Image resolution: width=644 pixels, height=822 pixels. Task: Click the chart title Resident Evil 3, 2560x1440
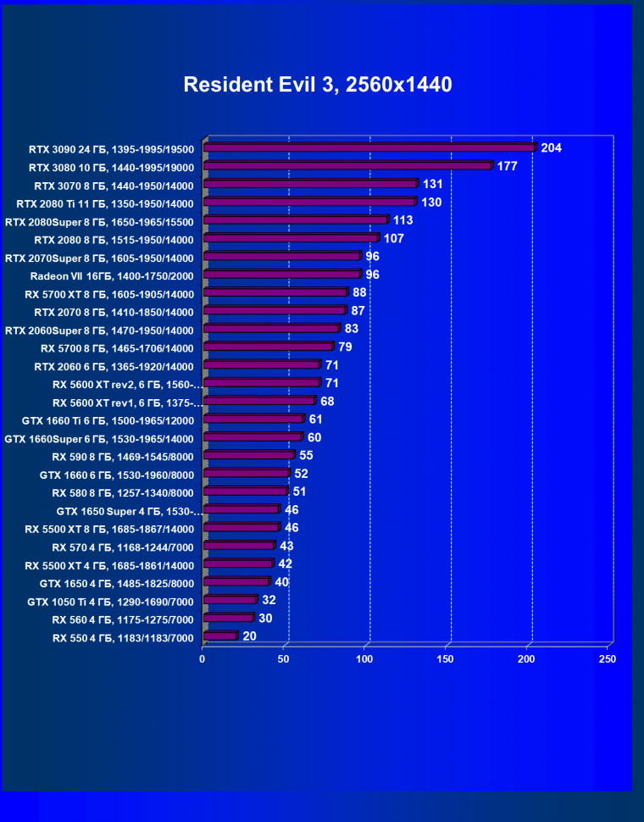pos(318,85)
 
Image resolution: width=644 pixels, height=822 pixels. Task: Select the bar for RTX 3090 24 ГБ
pos(369,148)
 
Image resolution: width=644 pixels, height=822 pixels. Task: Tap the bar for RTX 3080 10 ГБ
pos(347,166)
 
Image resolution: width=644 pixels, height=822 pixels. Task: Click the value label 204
pos(552,148)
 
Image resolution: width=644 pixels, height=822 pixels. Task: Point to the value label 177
pos(507,166)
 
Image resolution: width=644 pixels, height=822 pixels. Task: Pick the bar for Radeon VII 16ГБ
pos(282,275)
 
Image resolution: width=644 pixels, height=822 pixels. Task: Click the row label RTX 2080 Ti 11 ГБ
pos(105,203)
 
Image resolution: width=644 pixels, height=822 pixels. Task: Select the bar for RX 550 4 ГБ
pos(220,636)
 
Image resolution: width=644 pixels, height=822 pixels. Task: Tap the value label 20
pos(249,636)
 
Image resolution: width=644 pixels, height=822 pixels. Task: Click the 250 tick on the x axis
pos(607,658)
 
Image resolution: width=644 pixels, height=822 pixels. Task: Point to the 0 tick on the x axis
pos(203,658)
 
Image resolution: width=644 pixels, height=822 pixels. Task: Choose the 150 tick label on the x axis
pos(445,658)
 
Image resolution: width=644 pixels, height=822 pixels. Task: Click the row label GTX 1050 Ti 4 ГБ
pos(111,602)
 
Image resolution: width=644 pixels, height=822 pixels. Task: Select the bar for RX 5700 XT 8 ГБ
pos(275,293)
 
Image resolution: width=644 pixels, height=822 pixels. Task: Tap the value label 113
pos(402,220)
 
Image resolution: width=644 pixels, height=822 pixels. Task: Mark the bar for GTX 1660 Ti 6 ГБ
pos(253,419)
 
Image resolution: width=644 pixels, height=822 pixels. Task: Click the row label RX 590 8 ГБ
pos(123,457)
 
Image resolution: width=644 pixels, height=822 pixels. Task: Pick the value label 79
pos(345,347)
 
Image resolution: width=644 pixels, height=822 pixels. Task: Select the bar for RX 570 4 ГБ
pos(239,547)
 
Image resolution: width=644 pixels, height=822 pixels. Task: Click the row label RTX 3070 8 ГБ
pos(114,186)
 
